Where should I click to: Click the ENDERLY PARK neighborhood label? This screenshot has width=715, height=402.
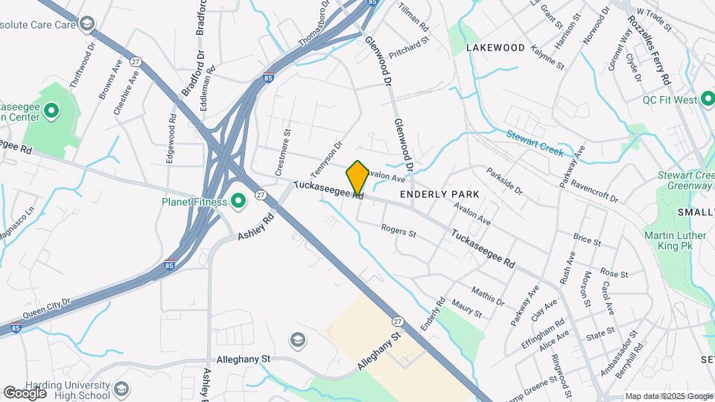pos(439,194)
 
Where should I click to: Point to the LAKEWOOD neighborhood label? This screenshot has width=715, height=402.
pos(495,48)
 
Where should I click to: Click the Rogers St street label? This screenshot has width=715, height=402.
pos(398,232)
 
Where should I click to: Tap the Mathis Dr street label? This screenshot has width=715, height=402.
pos(488,295)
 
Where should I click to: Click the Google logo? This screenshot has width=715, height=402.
pos(25,392)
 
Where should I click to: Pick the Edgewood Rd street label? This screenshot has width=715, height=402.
pos(171,137)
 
